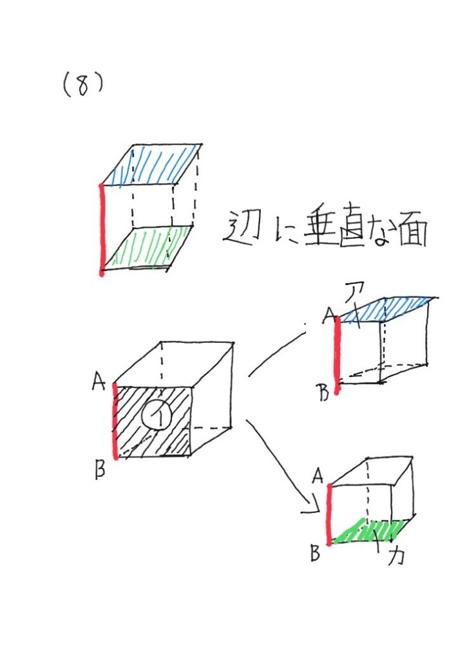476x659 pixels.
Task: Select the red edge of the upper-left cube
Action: click(101, 230)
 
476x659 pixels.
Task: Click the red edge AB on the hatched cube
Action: click(115, 421)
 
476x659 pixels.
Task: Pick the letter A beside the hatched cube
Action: click(99, 382)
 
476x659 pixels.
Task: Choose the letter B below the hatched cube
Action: click(100, 469)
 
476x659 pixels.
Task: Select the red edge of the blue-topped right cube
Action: click(337, 355)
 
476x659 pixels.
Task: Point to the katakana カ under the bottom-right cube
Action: click(395, 555)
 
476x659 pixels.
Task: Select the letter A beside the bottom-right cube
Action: click(318, 476)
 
